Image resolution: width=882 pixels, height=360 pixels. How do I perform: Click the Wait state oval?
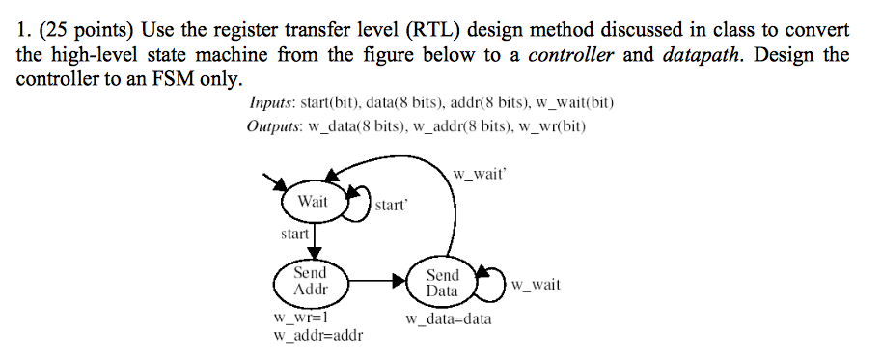click(313, 203)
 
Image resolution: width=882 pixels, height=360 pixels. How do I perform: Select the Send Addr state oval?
click(311, 281)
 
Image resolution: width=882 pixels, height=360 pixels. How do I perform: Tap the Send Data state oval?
click(443, 283)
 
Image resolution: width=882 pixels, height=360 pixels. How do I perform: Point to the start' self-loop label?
click(392, 206)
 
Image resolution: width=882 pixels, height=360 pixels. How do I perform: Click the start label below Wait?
click(294, 234)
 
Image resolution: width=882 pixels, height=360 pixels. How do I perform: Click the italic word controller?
click(571, 54)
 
